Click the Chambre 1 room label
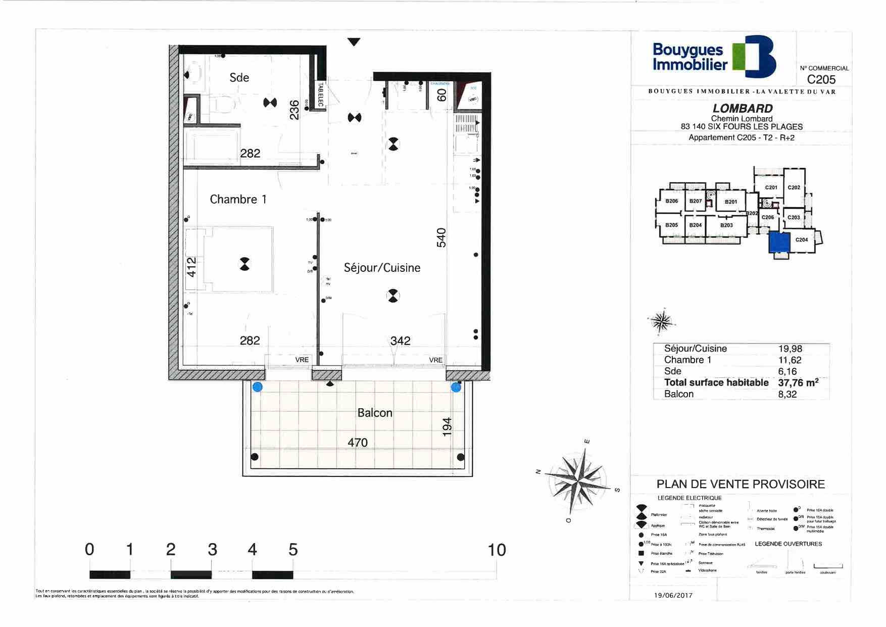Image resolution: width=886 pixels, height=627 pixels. [x=238, y=200]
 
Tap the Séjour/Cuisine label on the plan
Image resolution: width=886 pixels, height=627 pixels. [x=382, y=268]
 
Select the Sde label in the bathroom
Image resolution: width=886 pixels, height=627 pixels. [x=239, y=77]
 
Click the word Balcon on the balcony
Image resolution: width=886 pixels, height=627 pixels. [x=374, y=413]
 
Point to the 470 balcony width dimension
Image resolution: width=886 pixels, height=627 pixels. [x=357, y=443]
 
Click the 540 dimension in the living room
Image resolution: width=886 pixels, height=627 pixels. [x=441, y=237]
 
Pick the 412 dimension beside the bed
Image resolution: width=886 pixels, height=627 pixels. [x=191, y=267]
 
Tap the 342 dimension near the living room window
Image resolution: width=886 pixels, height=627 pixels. [x=400, y=341]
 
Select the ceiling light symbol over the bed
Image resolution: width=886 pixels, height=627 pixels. [x=244, y=264]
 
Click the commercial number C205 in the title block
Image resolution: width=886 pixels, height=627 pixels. [x=821, y=79]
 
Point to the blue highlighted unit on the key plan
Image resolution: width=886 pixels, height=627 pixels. [x=778, y=243]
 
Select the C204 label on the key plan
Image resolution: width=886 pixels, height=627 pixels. [x=802, y=240]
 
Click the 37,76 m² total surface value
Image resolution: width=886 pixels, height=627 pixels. [x=798, y=382]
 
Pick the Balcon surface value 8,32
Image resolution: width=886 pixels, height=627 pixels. [x=787, y=394]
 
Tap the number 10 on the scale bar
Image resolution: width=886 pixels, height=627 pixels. [x=497, y=550]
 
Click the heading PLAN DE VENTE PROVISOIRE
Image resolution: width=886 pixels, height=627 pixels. [x=741, y=484]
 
